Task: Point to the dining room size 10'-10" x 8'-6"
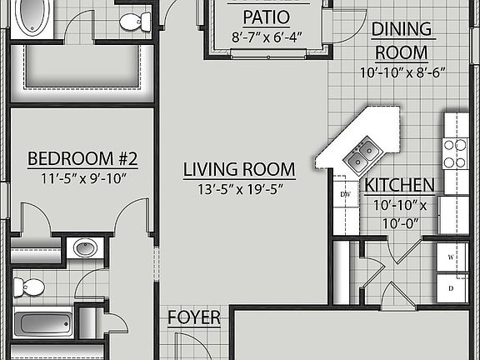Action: tap(402, 72)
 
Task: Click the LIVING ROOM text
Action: tap(239, 170)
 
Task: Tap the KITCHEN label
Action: tap(399, 185)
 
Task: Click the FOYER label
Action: tap(194, 317)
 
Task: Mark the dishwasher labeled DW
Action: tap(344, 194)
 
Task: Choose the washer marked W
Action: tap(451, 257)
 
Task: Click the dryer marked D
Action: tap(451, 287)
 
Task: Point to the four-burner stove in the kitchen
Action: tap(455, 152)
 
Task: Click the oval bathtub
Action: tap(31, 17)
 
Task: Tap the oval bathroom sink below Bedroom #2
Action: tap(85, 247)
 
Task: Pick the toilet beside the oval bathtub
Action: tap(130, 22)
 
